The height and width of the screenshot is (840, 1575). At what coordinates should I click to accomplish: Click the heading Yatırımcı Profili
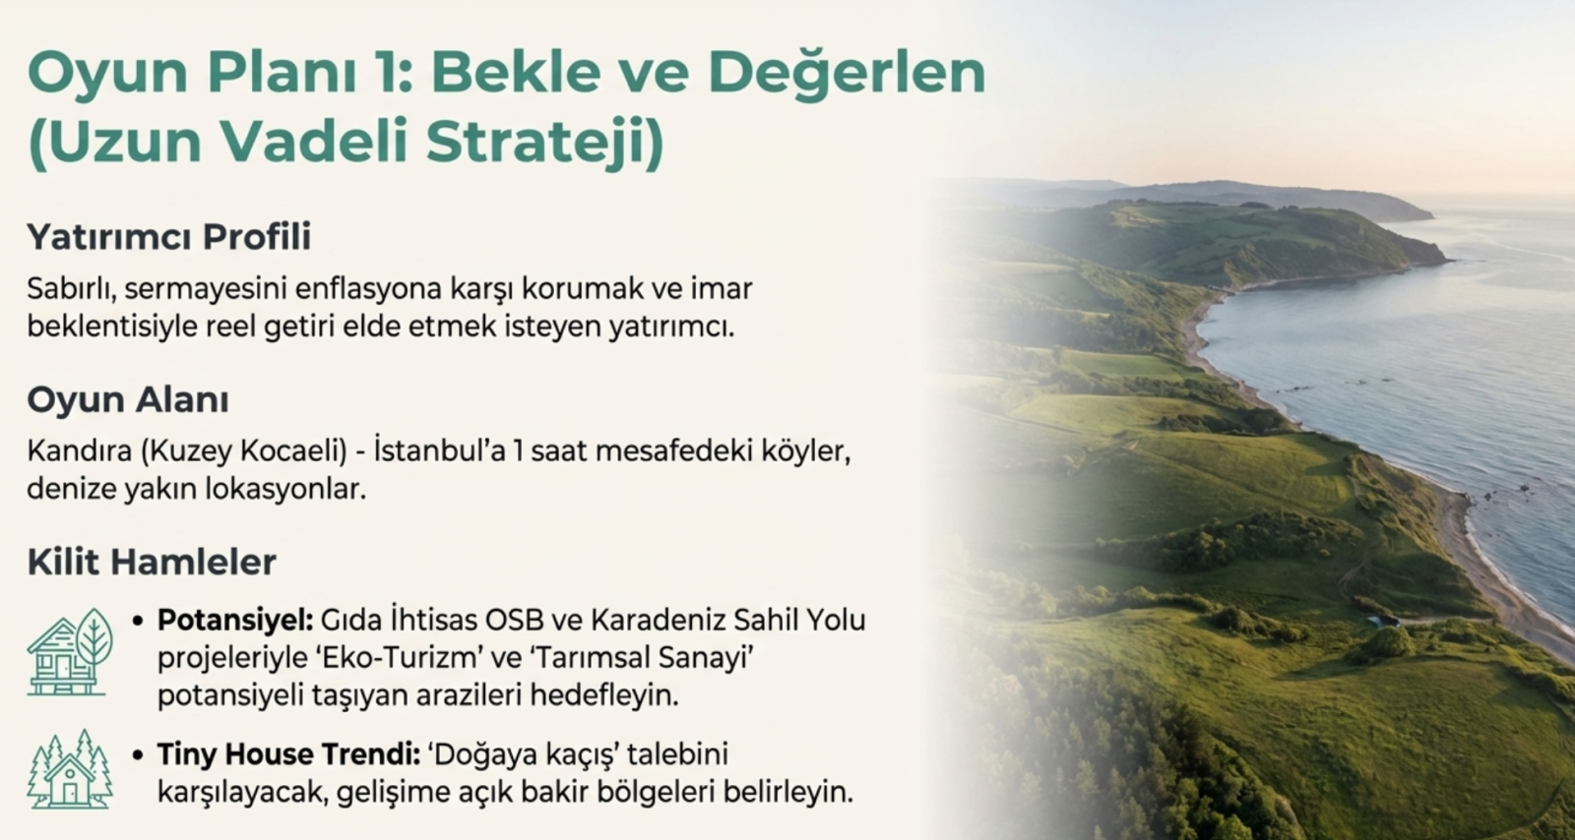click(168, 237)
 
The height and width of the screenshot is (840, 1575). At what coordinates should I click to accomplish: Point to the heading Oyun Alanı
click(128, 399)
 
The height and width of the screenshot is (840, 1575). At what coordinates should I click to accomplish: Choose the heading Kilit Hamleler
click(152, 562)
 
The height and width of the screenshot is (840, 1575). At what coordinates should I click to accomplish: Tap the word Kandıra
click(80, 450)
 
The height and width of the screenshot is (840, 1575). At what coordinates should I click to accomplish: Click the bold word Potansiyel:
click(235, 621)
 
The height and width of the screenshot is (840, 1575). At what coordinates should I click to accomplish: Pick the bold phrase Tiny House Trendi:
click(289, 754)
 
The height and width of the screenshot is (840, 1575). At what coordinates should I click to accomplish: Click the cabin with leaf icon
click(70, 652)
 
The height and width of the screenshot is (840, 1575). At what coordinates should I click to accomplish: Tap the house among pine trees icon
click(70, 769)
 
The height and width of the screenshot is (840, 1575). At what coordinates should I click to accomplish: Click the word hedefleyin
click(604, 696)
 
